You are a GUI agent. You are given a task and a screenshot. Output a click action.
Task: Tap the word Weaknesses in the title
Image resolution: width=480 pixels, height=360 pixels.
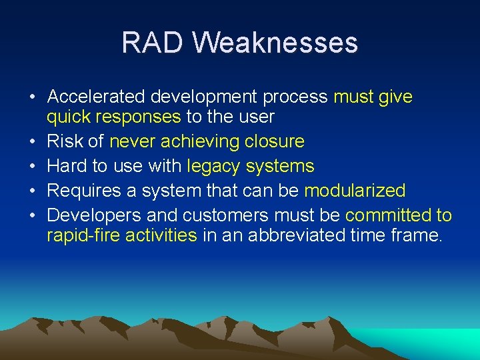[275, 43]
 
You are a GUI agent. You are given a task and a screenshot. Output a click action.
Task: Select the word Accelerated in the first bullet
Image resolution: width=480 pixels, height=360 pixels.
[96, 97]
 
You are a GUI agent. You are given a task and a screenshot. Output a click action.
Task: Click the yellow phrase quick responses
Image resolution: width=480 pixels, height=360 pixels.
[113, 117]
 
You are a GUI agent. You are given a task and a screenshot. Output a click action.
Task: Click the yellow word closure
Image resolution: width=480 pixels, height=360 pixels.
[274, 142]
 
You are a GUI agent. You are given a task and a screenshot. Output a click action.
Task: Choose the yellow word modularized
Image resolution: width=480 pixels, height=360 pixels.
[355, 191]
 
